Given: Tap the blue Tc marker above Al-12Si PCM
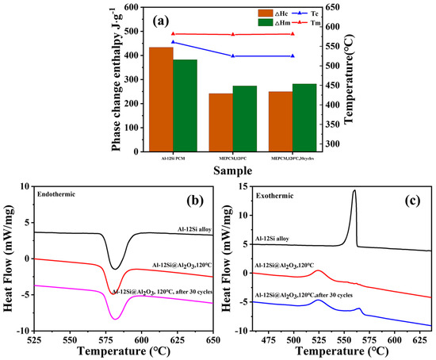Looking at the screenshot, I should [x=173, y=42].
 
